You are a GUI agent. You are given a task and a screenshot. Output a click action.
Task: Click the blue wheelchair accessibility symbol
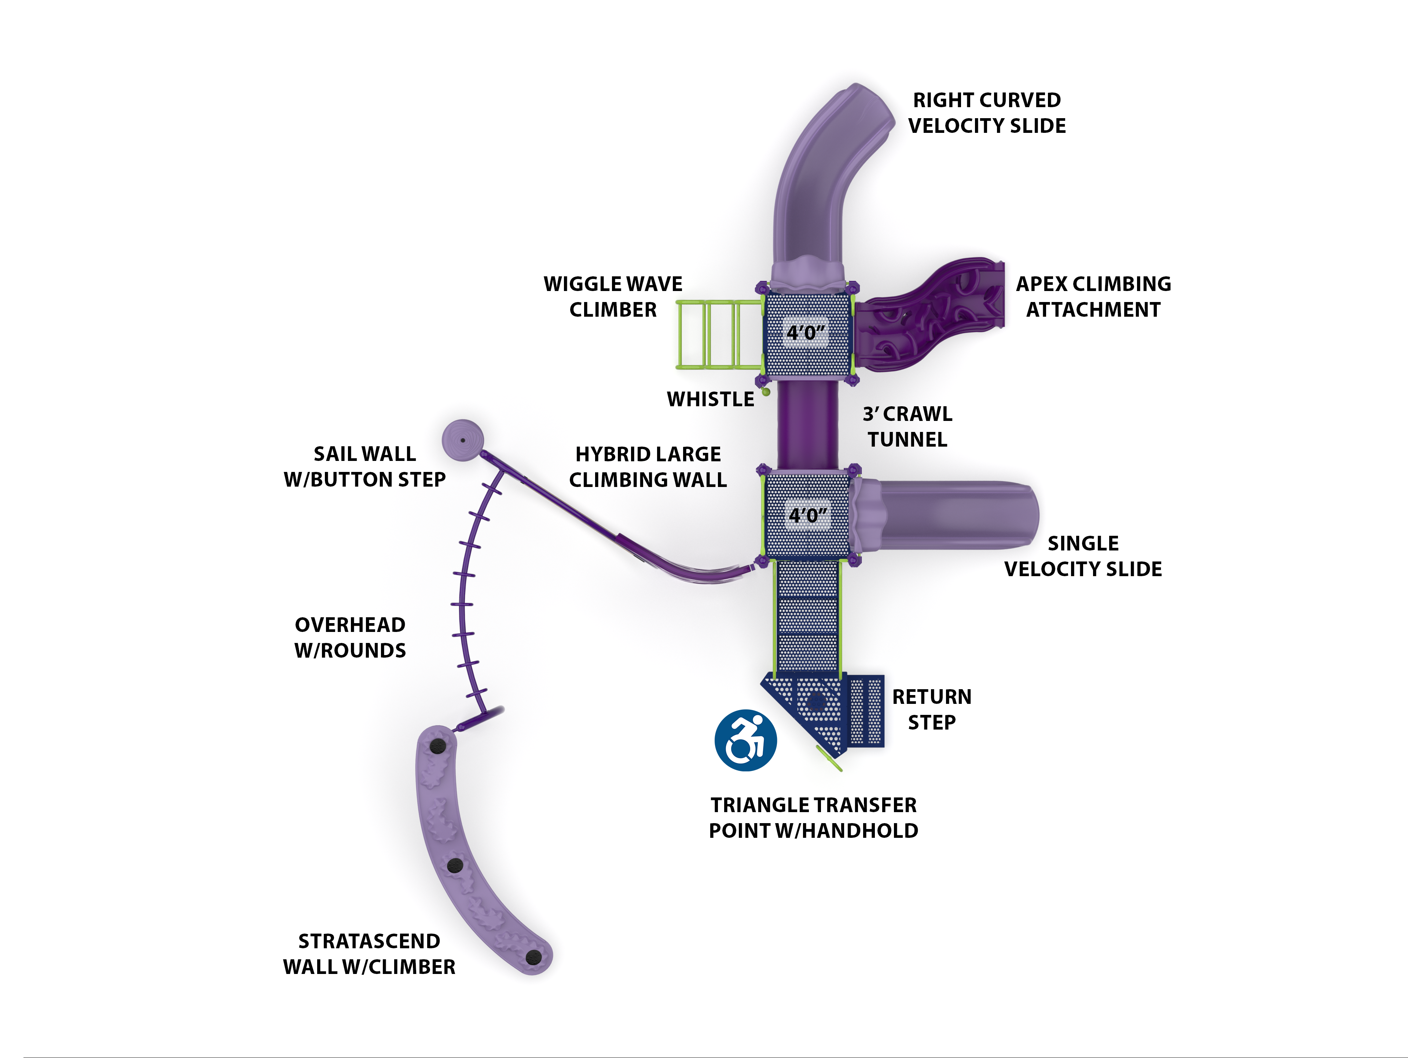click(x=745, y=740)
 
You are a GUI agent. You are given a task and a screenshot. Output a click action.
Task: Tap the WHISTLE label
click(x=710, y=399)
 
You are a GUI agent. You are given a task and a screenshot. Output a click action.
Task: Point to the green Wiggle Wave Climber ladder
click(x=719, y=334)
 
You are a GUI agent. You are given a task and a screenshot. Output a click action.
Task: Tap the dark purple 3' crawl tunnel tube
click(x=807, y=423)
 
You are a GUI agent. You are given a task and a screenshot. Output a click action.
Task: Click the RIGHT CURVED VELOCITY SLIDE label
click(x=987, y=113)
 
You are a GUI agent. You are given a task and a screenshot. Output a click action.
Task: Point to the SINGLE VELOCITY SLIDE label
click(x=1083, y=556)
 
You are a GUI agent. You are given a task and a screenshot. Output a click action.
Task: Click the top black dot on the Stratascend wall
click(x=437, y=746)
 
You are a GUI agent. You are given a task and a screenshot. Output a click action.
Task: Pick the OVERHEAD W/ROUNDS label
click(x=350, y=637)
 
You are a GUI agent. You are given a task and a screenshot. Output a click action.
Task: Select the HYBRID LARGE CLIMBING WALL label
click(x=648, y=466)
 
